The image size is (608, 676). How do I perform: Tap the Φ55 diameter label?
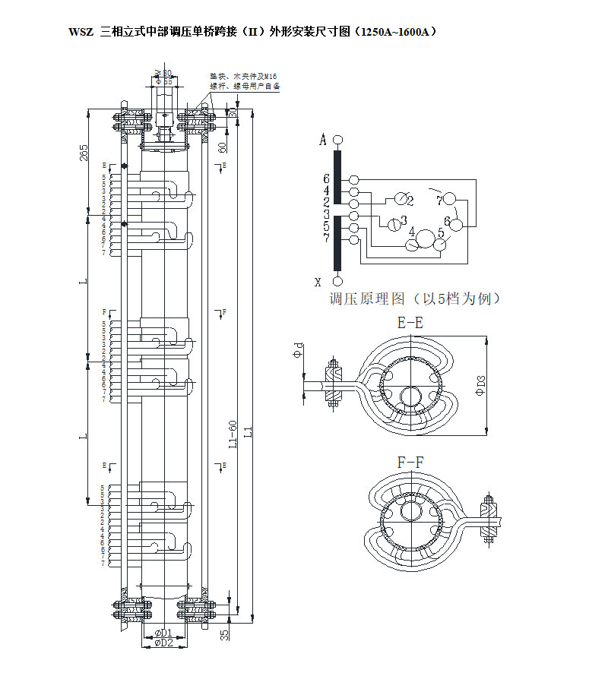coord(163,81)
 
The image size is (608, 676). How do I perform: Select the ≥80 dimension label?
coord(163,73)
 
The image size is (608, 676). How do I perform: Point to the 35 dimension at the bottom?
coord(225,634)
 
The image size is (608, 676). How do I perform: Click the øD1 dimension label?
coord(164,632)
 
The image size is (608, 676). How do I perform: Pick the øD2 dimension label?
coord(164,643)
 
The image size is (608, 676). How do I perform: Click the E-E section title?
coord(410,322)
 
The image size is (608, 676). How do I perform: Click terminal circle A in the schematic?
coord(337,140)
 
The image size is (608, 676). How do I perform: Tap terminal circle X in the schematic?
coord(337,282)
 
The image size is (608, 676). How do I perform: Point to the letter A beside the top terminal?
coord(323,141)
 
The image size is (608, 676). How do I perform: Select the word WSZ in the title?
coord(81,33)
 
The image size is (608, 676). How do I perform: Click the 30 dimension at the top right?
coord(234,112)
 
